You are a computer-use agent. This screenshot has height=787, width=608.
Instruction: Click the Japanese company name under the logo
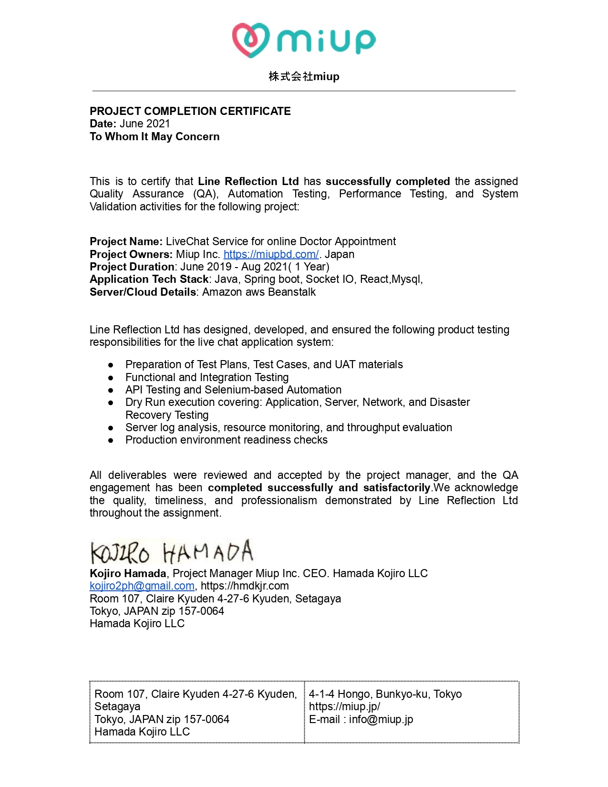pyautogui.click(x=304, y=76)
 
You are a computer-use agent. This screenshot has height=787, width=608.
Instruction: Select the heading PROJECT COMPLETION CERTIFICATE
pyautogui.click(x=190, y=111)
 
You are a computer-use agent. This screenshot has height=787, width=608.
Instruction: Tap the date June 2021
pyautogui.click(x=144, y=124)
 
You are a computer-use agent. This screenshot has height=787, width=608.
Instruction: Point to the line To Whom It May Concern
pyautogui.click(x=155, y=136)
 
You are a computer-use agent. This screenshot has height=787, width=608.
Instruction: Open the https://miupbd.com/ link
pyautogui.click(x=271, y=254)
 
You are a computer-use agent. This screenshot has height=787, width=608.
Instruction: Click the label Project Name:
pyautogui.click(x=126, y=241)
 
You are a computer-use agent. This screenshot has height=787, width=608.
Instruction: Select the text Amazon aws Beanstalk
pyautogui.click(x=259, y=292)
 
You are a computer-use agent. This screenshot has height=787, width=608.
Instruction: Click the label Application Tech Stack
pyautogui.click(x=149, y=279)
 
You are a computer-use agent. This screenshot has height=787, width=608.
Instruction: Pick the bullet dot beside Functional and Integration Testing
pyautogui.click(x=111, y=377)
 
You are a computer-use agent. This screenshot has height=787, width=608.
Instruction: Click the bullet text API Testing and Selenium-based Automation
pyautogui.click(x=233, y=390)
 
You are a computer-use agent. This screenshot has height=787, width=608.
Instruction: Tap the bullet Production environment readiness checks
pyautogui.click(x=227, y=440)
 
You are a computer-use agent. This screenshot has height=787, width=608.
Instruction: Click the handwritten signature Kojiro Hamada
pyautogui.click(x=172, y=552)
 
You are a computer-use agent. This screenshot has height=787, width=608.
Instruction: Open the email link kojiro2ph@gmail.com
pyautogui.click(x=142, y=586)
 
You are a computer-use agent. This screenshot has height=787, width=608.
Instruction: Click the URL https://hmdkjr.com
pyautogui.click(x=245, y=586)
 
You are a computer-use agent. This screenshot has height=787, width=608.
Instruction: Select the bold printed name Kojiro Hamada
pyautogui.click(x=128, y=573)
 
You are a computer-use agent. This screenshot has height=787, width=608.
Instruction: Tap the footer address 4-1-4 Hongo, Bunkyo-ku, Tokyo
pyautogui.click(x=385, y=694)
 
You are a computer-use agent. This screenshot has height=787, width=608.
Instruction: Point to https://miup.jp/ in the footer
pyautogui.click(x=344, y=706)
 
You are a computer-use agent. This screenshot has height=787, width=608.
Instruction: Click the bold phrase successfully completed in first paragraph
pyautogui.click(x=388, y=181)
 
